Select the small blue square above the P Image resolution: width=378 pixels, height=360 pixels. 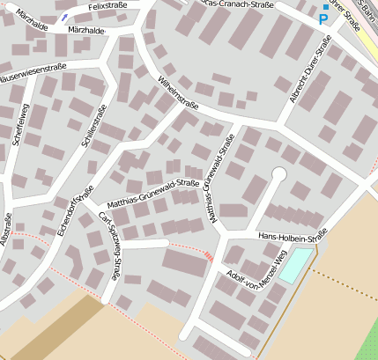click(x=325, y=7)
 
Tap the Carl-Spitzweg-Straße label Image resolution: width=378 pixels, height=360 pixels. click(x=110, y=245)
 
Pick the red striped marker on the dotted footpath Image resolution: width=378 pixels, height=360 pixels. click(x=208, y=255)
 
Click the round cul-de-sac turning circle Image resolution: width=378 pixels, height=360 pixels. click(x=278, y=173)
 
